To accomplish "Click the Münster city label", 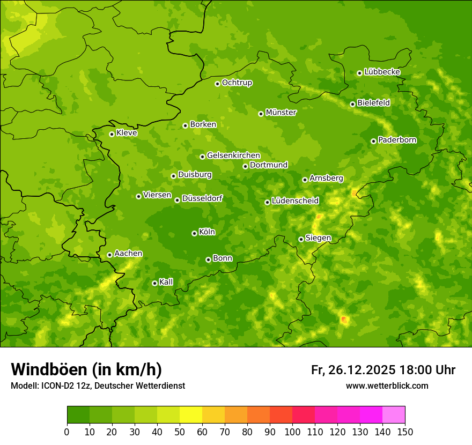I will (281, 113).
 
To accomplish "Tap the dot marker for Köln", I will (194, 233).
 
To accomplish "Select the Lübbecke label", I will (382, 72).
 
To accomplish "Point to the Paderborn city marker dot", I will (373, 141).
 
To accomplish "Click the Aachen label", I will (128, 254).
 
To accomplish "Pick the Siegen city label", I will (318, 238).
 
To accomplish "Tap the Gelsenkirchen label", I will (233, 155).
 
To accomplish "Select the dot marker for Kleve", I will (112, 134).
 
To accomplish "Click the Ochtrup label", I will (237, 83).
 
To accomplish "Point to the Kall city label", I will (166, 282).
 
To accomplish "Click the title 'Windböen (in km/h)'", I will (86, 369).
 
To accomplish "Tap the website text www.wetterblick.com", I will (387, 385).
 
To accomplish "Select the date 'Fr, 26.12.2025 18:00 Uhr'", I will (383, 370).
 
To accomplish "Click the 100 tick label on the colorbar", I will (292, 432).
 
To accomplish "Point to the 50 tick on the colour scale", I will (180, 432).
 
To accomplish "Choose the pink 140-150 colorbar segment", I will (394, 415).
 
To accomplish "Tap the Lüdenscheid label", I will (295, 201).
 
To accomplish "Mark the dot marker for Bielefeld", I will (352, 104).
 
